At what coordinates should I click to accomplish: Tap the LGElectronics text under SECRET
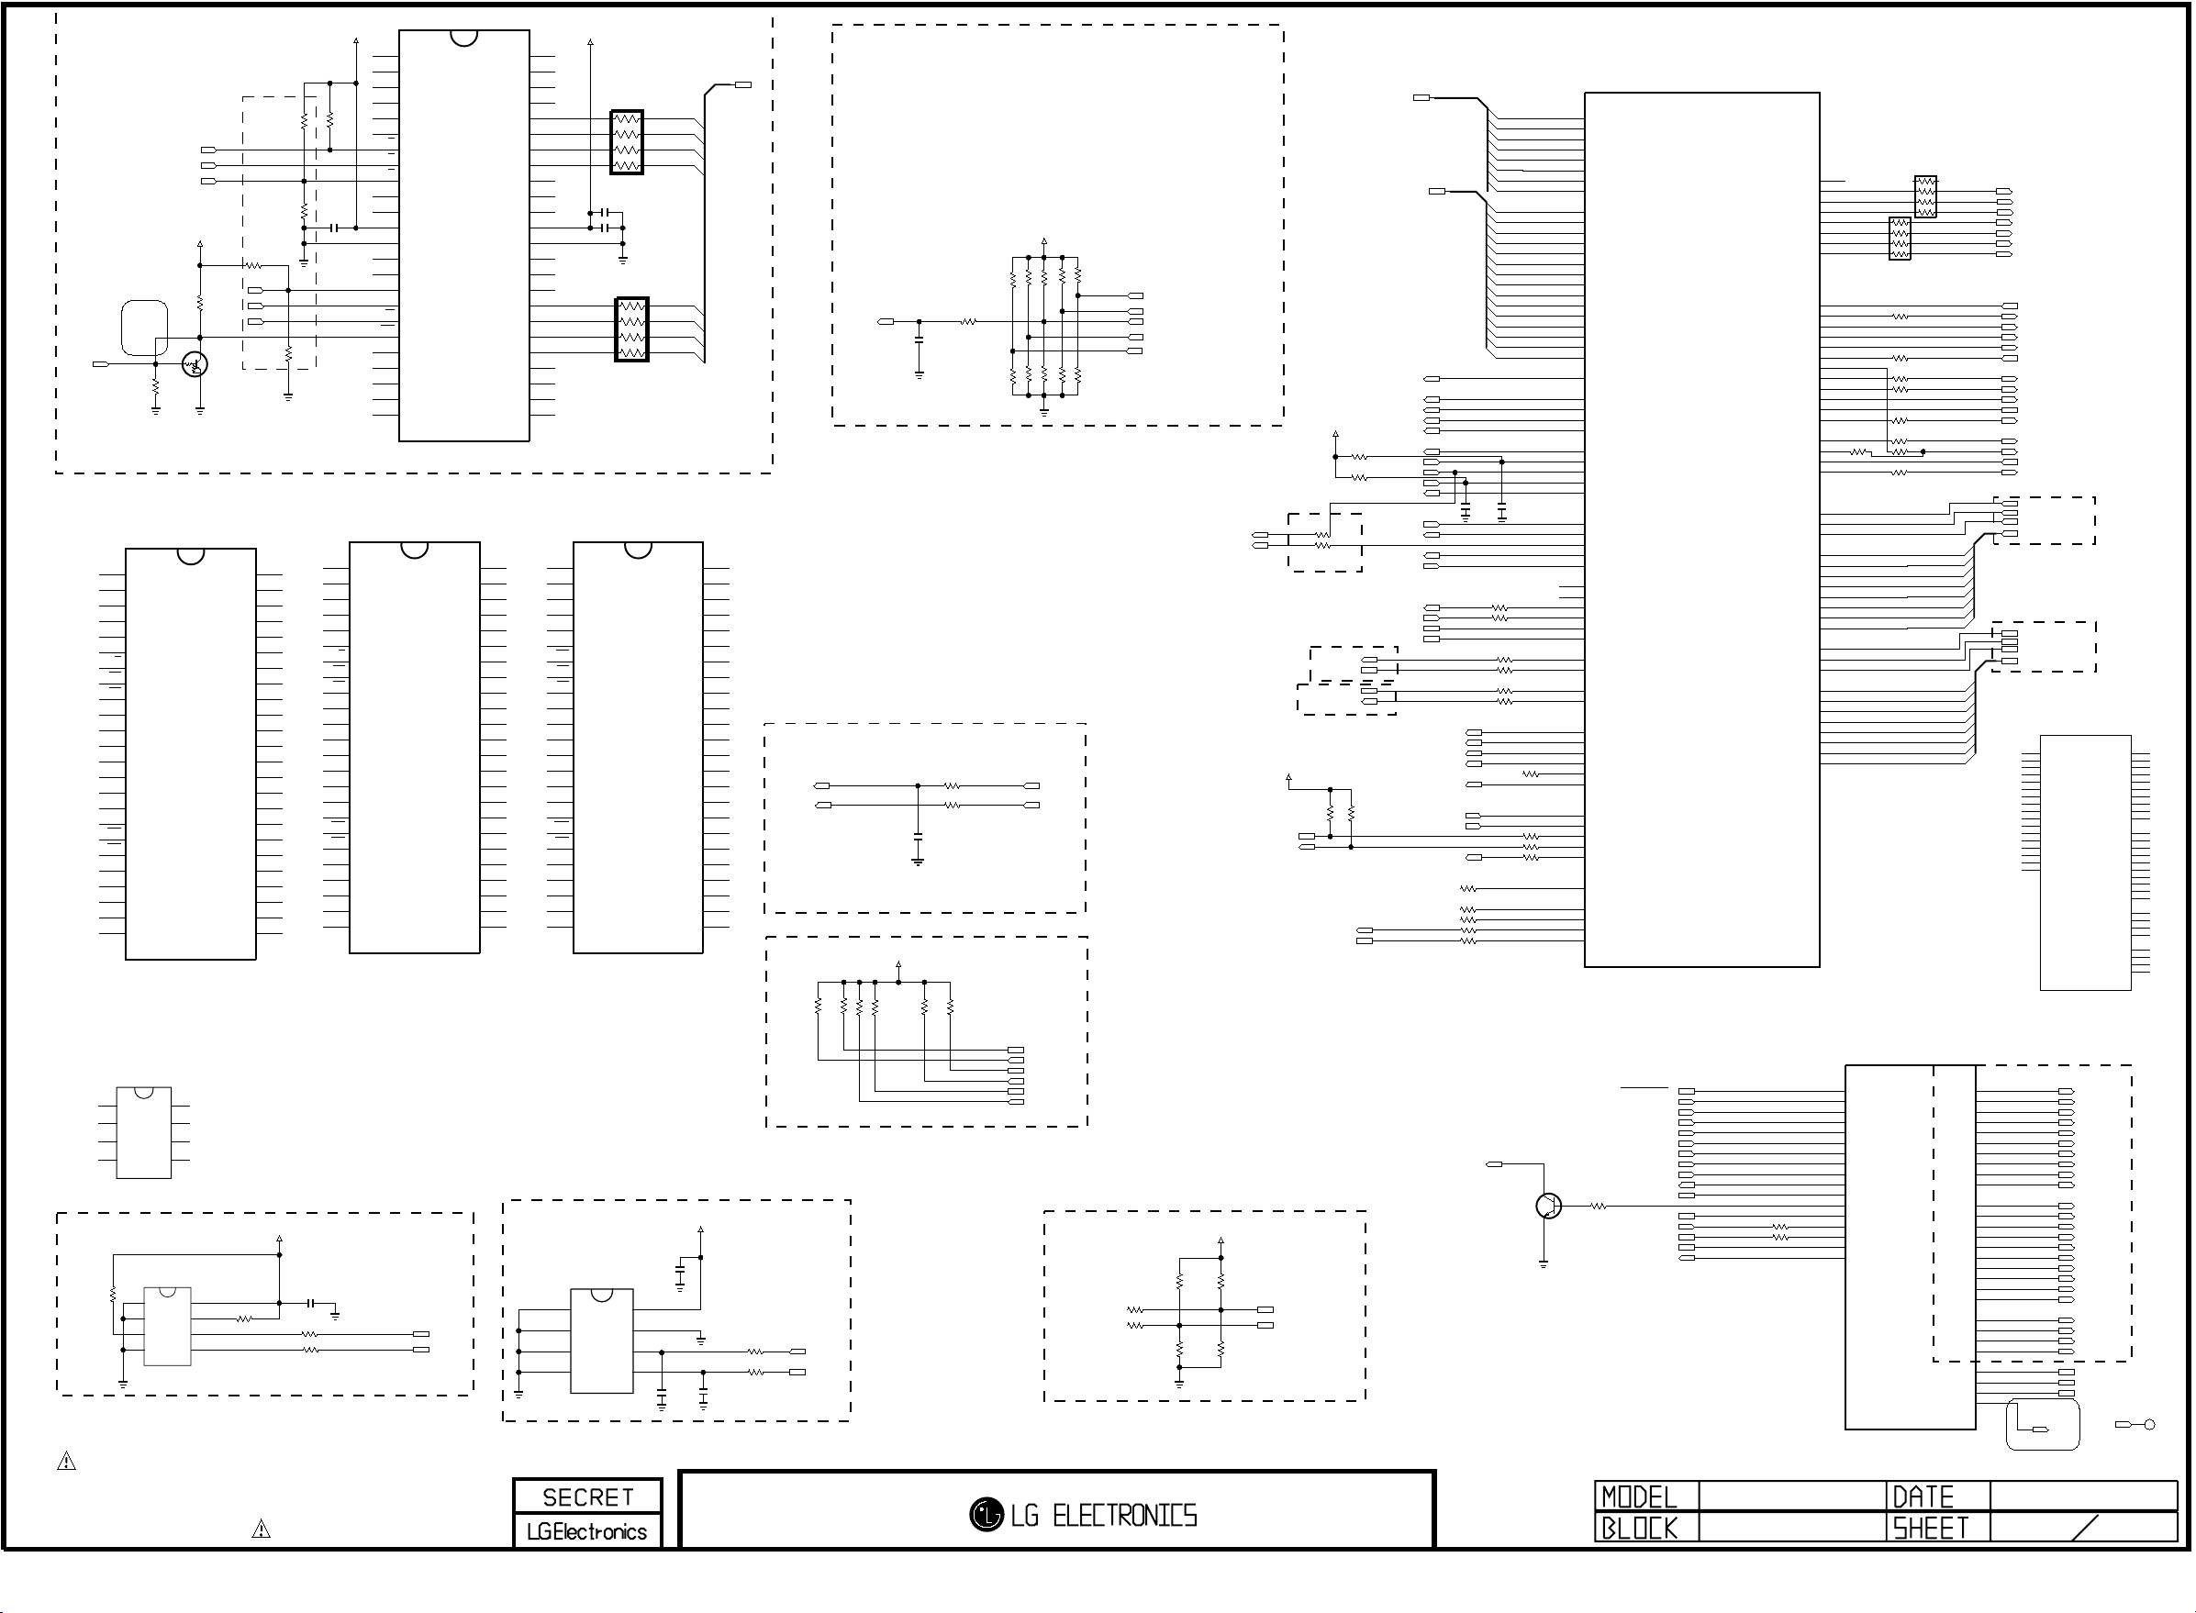coord(586,1532)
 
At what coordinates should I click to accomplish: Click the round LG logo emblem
coord(987,1515)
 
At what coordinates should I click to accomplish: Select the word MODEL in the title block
coord(1638,1496)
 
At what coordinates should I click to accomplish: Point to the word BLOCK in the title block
coord(1638,1528)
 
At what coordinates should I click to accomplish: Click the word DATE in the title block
coord(1923,1496)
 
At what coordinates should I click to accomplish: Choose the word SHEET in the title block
coord(1931,1528)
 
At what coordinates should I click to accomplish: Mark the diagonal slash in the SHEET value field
coord(2084,1528)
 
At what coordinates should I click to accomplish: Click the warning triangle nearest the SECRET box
coord(261,1529)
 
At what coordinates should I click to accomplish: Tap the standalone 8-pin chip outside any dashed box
coord(143,1132)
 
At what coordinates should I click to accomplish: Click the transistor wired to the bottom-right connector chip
coord(1547,1207)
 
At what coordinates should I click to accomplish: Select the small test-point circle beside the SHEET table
coord(2148,1425)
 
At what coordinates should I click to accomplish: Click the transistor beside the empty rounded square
coord(195,365)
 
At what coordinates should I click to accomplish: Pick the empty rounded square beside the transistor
coord(143,329)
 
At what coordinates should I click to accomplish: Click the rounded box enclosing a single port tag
coord(2042,1426)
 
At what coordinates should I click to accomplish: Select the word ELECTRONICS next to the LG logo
coord(1124,1516)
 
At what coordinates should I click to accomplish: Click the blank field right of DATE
coord(2083,1496)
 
